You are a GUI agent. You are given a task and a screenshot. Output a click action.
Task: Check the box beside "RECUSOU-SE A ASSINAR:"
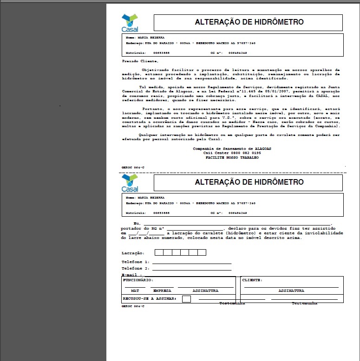click(186, 299)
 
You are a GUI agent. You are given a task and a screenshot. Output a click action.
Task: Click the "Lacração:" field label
click(133, 253)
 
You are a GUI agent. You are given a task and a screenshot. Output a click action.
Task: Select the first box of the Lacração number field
click(159, 252)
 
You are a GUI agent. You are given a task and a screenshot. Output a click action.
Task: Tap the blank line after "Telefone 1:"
click(191, 263)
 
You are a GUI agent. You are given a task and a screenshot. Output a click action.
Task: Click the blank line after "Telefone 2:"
click(191, 269)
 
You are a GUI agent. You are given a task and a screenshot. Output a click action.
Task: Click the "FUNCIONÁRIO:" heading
click(138, 280)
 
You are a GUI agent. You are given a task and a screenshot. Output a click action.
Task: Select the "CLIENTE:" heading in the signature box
click(252, 280)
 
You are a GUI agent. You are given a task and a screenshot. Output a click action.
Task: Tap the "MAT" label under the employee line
click(135, 291)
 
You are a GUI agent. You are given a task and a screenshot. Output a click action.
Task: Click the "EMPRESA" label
click(162, 291)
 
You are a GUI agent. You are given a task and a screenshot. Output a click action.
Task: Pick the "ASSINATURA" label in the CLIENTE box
click(291, 291)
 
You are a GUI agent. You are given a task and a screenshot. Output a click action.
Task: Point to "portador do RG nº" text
click(143, 229)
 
